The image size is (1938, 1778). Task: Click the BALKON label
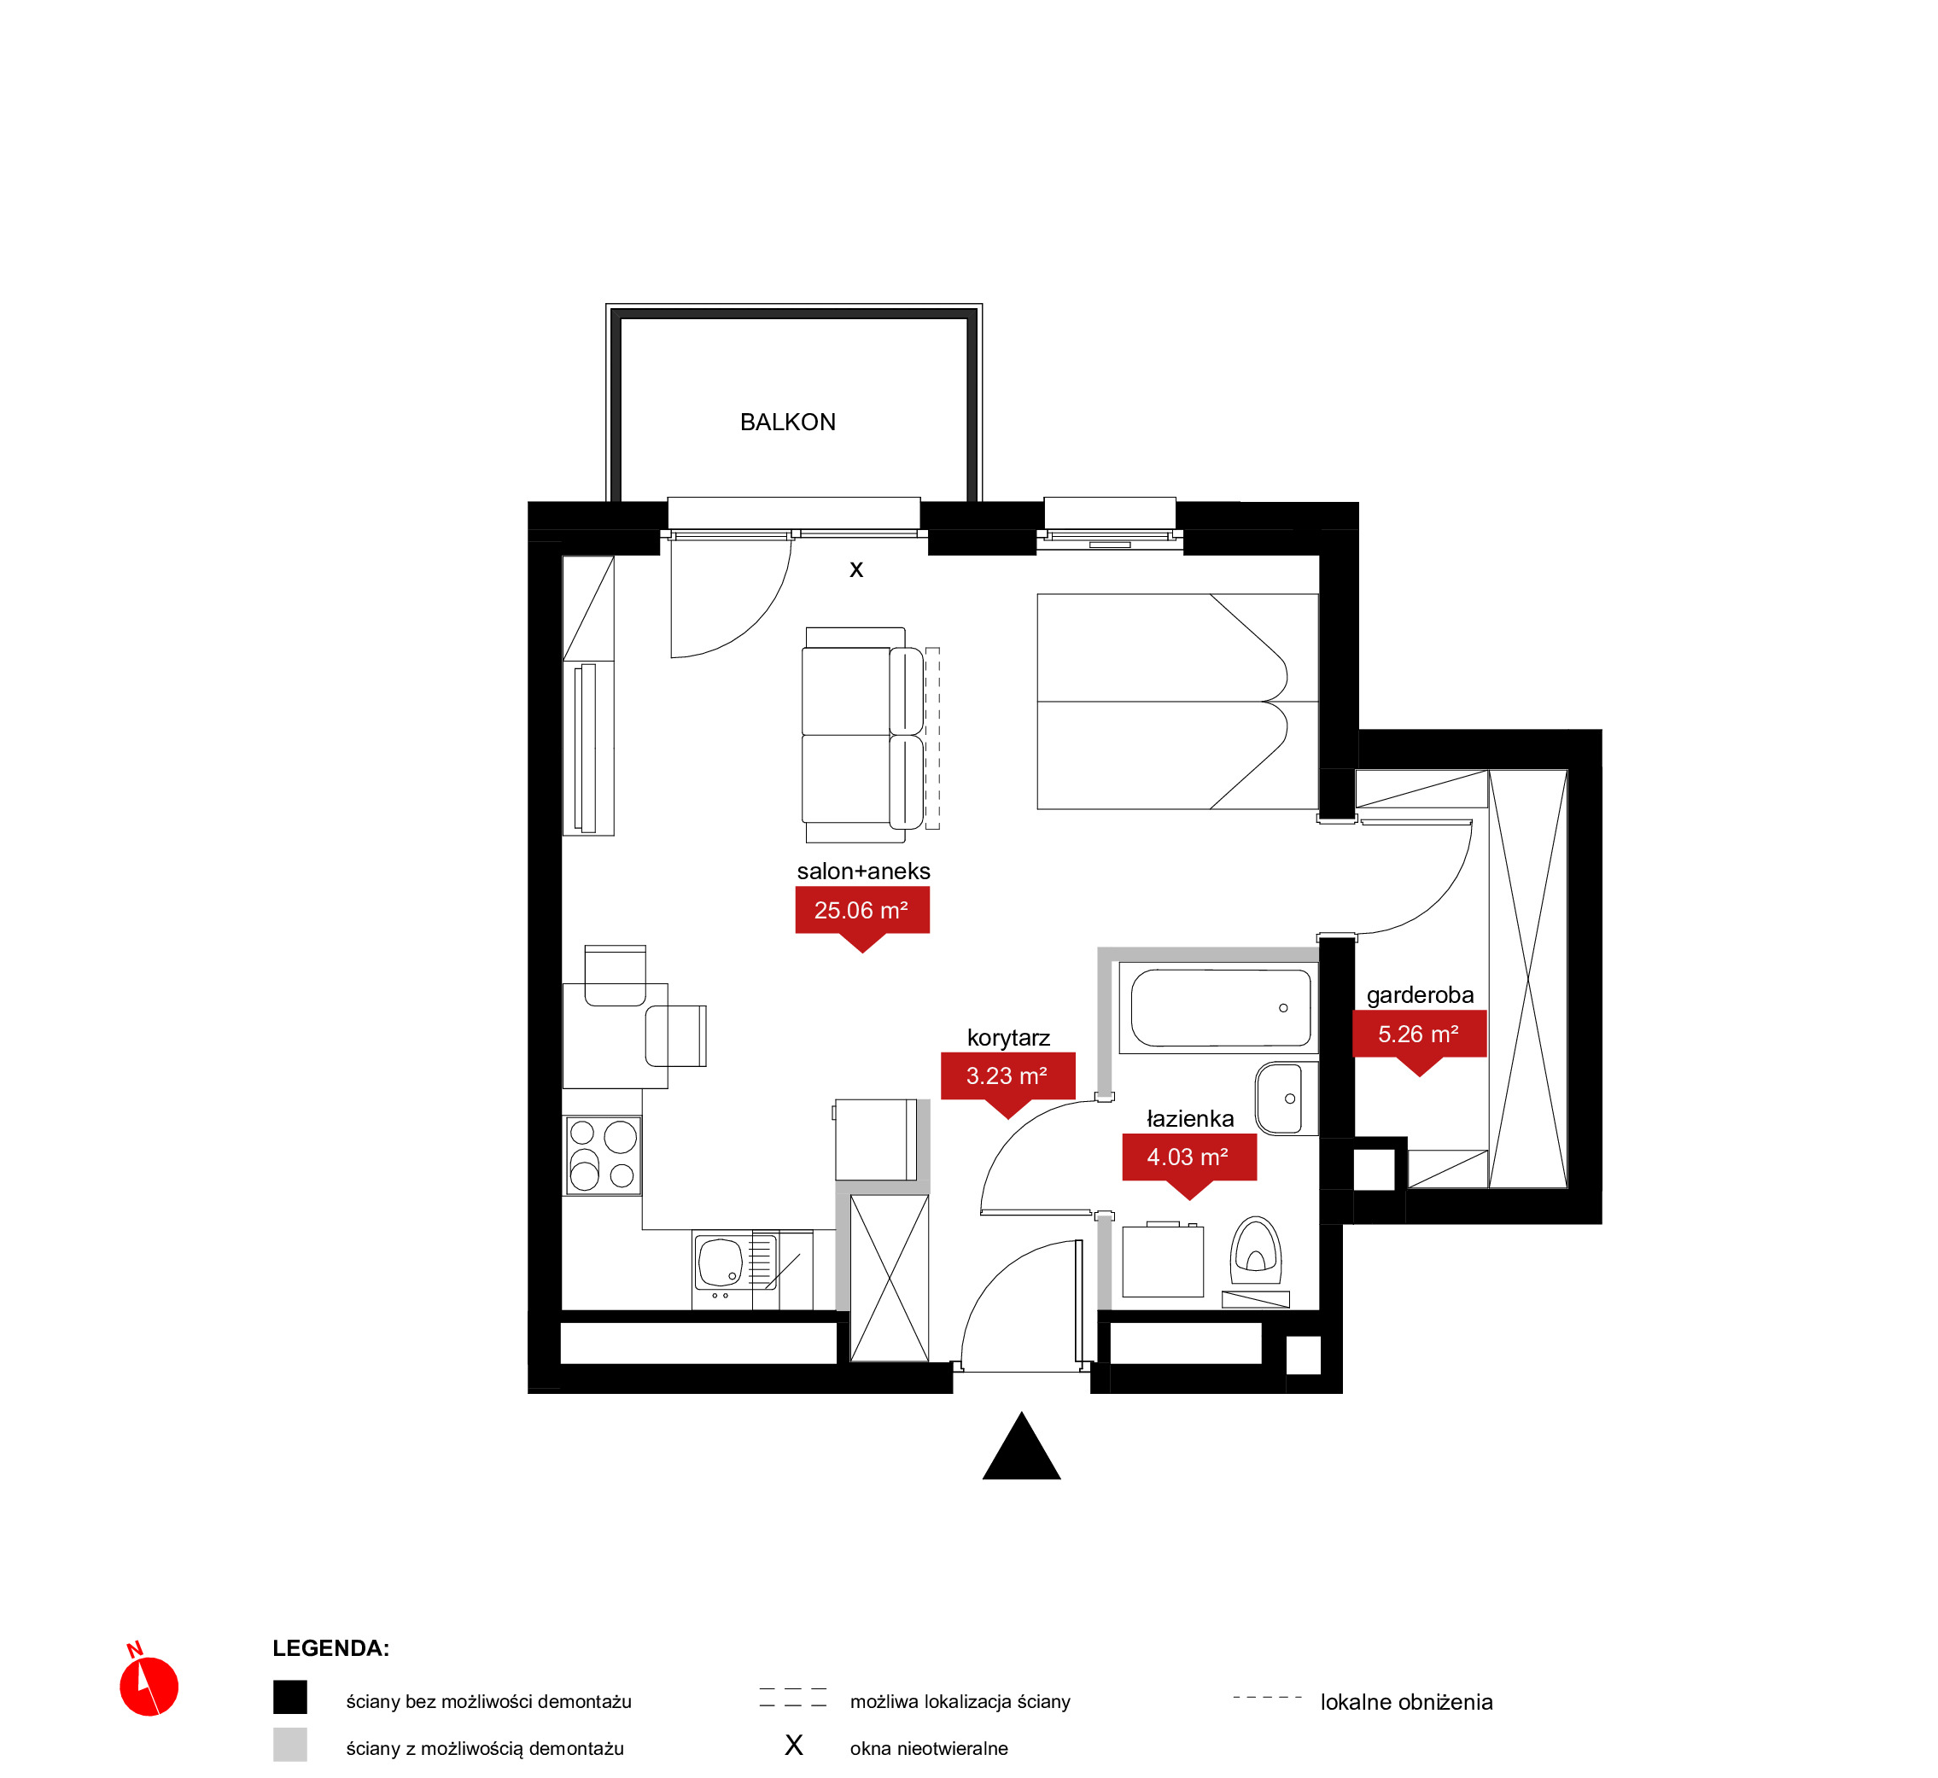787,423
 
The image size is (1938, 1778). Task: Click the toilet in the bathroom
1255,1250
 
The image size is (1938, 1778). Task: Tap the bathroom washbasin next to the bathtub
1285,1099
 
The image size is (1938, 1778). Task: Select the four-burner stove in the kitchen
603,1156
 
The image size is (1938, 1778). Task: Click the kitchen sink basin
720,1262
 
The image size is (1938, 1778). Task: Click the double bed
1176,702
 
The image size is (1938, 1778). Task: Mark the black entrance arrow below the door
1021,1447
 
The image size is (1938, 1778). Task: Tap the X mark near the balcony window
855,570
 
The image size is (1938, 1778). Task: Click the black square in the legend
289,1697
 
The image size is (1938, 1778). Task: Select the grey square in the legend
289,1745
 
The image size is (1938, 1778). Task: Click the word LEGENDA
330,1648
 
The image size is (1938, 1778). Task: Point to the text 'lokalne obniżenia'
1406,1702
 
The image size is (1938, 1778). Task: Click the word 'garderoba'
1419,994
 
